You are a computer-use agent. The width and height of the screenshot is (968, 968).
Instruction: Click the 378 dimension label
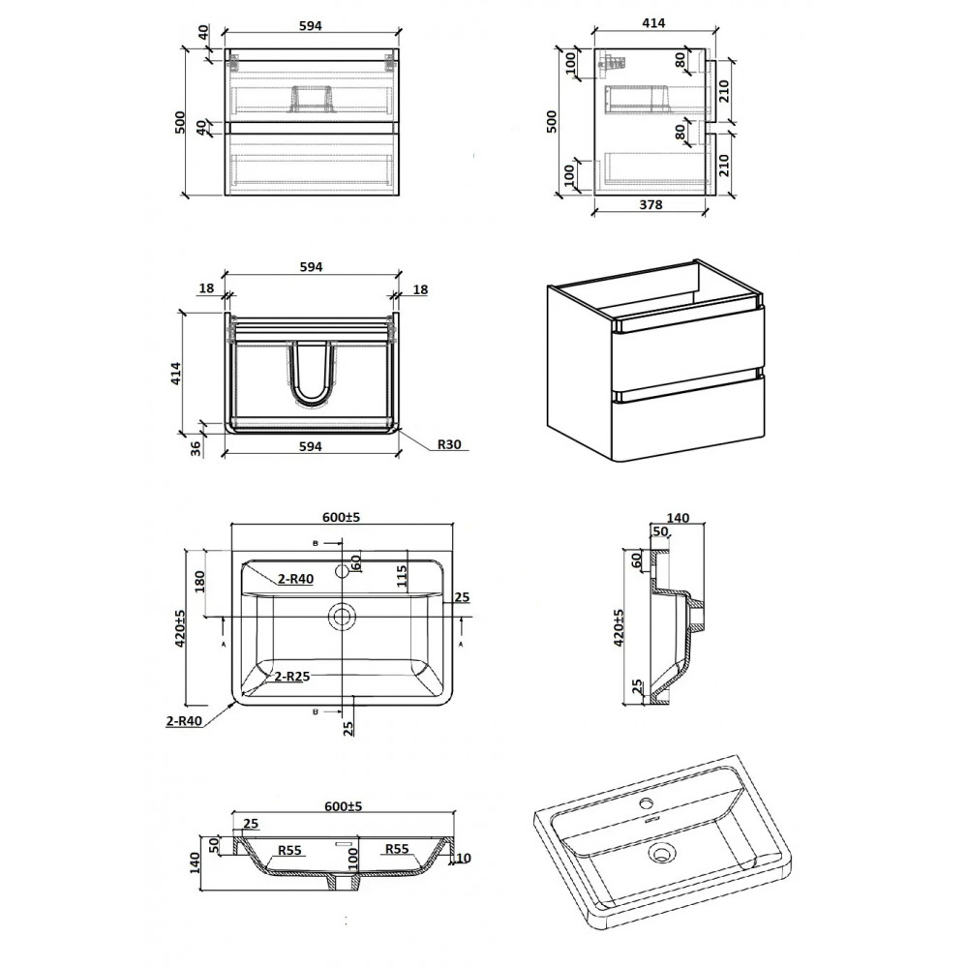pos(650,204)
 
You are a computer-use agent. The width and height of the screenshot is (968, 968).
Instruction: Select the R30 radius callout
pos(449,444)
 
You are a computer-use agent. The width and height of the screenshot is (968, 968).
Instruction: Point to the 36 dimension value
pos(197,449)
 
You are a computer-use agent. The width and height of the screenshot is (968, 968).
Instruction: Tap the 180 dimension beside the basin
pos(199,582)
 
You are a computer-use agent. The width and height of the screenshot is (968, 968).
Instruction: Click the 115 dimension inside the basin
pos(402,579)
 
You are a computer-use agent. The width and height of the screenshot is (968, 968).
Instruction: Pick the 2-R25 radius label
pos(292,676)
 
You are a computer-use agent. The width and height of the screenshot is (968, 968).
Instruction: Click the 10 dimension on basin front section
pos(465,858)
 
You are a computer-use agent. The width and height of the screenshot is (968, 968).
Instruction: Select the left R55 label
pos(288,850)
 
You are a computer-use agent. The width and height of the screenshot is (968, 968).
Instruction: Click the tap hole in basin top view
pos(342,571)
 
